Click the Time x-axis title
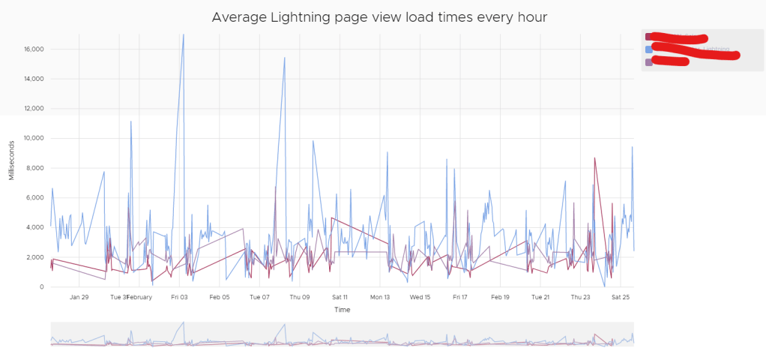pos(342,309)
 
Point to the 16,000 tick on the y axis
pos(31,49)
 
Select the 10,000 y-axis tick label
pos(31,139)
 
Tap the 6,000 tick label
pos(34,198)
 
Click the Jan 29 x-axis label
pos(79,297)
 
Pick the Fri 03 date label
pos(179,297)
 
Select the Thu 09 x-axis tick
pos(300,297)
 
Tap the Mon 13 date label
pos(380,297)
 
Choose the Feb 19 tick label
pos(501,297)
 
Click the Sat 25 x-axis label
pos(621,297)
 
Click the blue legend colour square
pos(649,49)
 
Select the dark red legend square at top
pos(649,37)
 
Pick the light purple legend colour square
pos(649,62)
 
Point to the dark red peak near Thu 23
pos(594,158)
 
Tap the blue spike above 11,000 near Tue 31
pos(131,121)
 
